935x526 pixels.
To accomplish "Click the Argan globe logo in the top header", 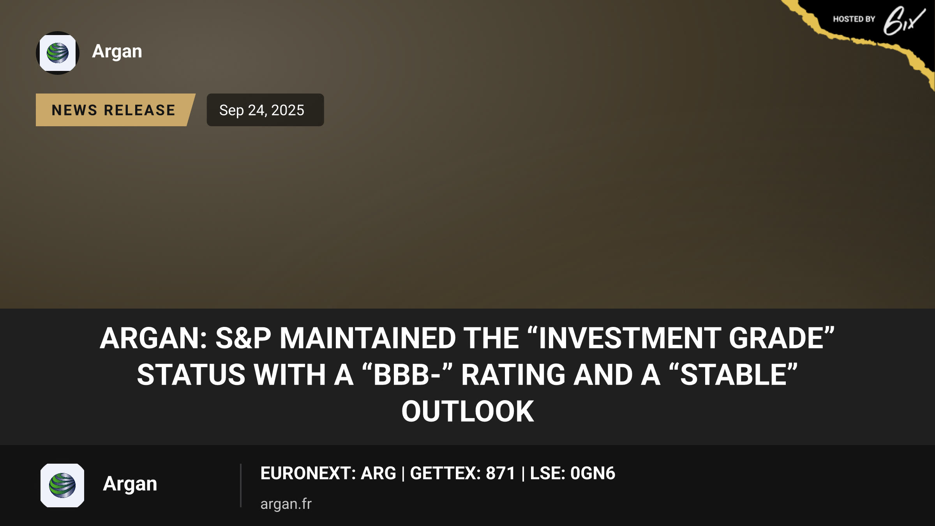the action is [x=58, y=53].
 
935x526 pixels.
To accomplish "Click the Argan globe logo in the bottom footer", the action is [x=62, y=485].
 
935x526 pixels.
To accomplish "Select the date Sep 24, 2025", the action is [x=262, y=110].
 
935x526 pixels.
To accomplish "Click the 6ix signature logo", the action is [x=904, y=20].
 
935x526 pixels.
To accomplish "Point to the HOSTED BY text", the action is [x=854, y=19].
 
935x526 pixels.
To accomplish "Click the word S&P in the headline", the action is [x=243, y=338].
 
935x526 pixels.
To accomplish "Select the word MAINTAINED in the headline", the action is [x=368, y=338].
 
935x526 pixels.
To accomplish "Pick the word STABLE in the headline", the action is [x=733, y=375].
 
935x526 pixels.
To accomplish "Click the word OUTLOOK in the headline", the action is [x=467, y=411].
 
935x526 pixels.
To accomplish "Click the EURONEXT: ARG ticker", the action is [x=328, y=473].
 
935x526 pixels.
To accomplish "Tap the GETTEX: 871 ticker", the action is [x=463, y=473].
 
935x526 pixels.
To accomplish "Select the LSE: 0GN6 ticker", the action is [x=573, y=473].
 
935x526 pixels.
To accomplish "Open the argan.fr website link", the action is [x=286, y=504].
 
